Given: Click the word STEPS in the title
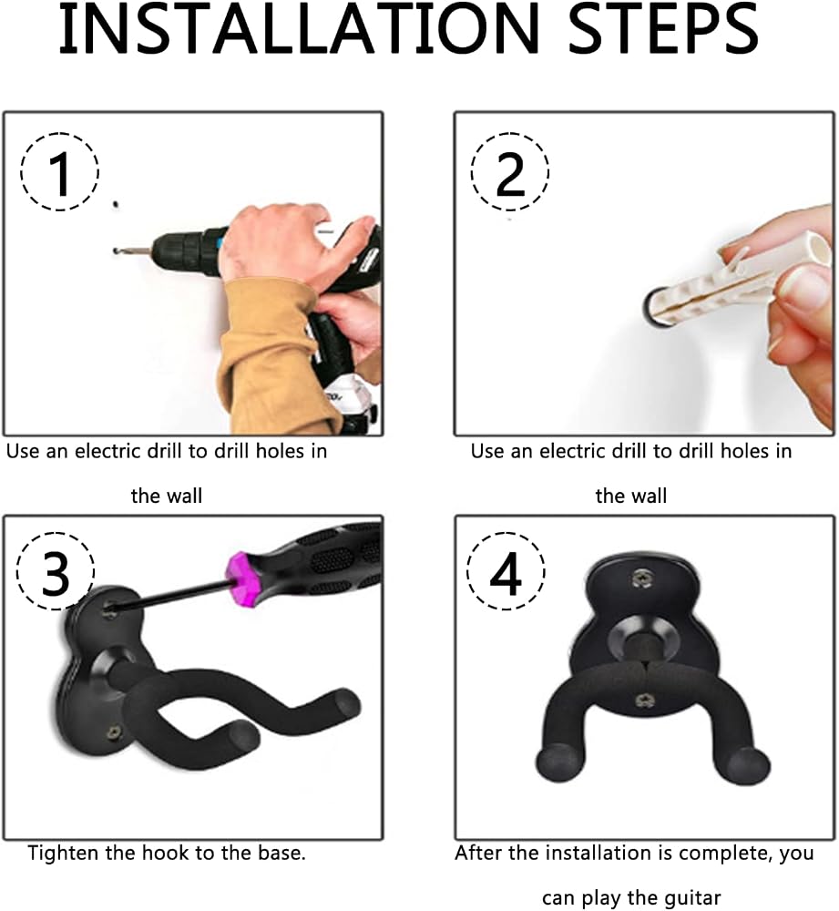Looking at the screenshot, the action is click(662, 28).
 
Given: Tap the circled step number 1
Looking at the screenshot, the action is click(60, 172).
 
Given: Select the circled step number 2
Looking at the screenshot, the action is click(510, 172).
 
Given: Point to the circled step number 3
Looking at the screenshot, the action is click(56, 572).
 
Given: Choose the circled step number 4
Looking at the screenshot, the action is click(506, 572).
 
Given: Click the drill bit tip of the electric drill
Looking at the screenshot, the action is click(117, 251).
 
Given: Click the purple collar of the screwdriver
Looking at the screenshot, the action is click(244, 578).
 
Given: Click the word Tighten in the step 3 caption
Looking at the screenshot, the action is click(64, 853).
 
